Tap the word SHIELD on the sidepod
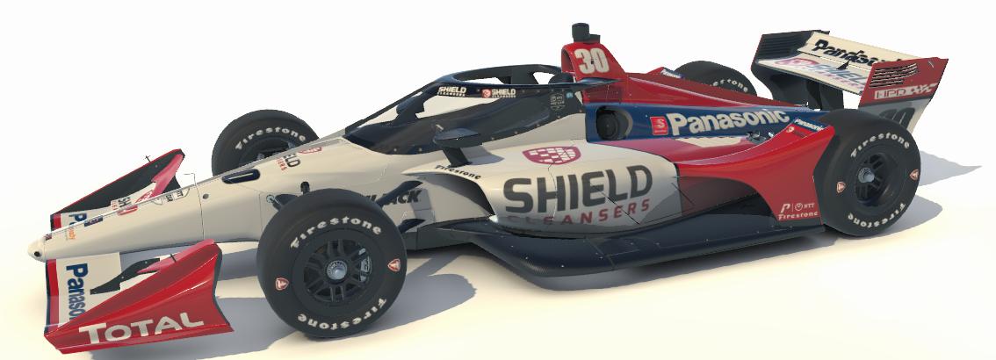[577, 189]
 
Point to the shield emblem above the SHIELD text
[552, 155]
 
